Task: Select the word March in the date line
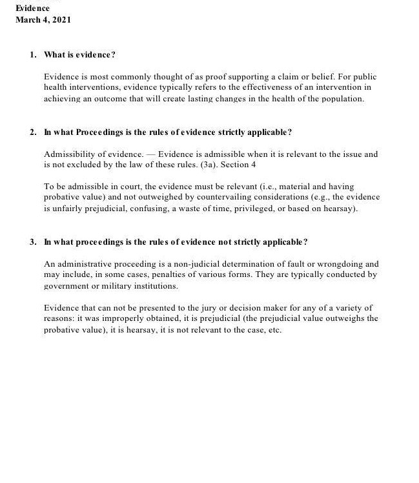click(27, 19)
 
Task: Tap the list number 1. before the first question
click(32, 55)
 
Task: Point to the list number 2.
click(32, 132)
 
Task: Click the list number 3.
click(32, 241)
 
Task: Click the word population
click(344, 99)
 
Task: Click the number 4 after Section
click(253, 165)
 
